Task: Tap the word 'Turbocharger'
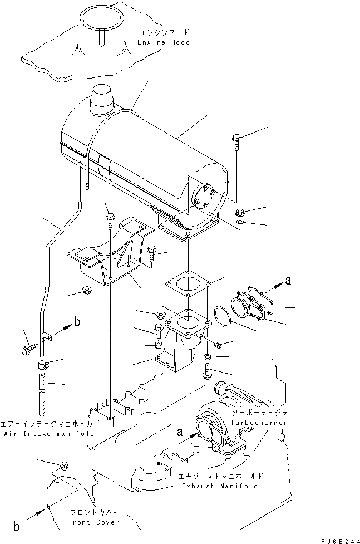(x=260, y=423)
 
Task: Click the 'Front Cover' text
(x=86, y=522)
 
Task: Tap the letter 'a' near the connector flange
(x=288, y=282)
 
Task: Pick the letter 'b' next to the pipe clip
(x=77, y=322)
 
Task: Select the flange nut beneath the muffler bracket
(x=87, y=290)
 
